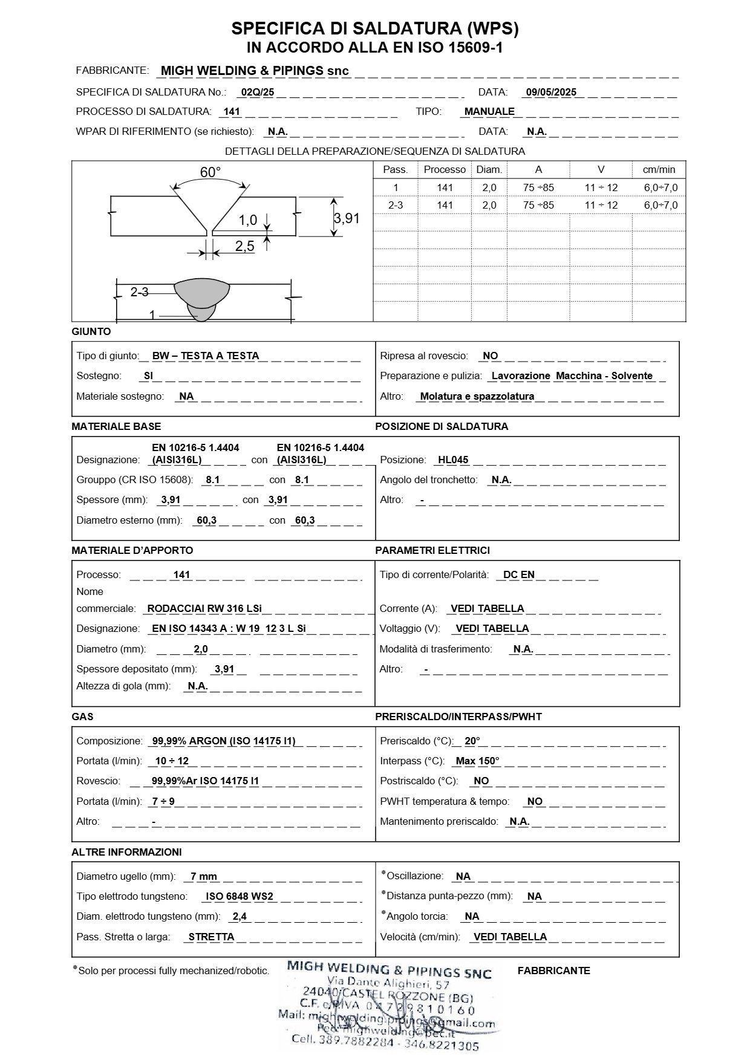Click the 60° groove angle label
coord(210,172)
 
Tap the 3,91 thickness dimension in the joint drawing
coord(347,218)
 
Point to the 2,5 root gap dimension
coord(244,245)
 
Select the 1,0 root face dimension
coord(248,220)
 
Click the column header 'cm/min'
coord(660,169)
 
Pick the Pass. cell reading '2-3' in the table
coord(396,205)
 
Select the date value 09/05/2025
coord(551,93)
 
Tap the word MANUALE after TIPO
coord(489,111)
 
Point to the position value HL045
coord(453,460)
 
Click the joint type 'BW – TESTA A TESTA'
coord(205,356)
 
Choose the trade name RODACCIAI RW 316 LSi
coord(204,608)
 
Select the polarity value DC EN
coord(518,574)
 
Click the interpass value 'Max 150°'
coord(477,761)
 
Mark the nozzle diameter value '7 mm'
coord(203,876)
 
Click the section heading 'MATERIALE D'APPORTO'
coord(132,550)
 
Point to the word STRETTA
coord(211,937)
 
